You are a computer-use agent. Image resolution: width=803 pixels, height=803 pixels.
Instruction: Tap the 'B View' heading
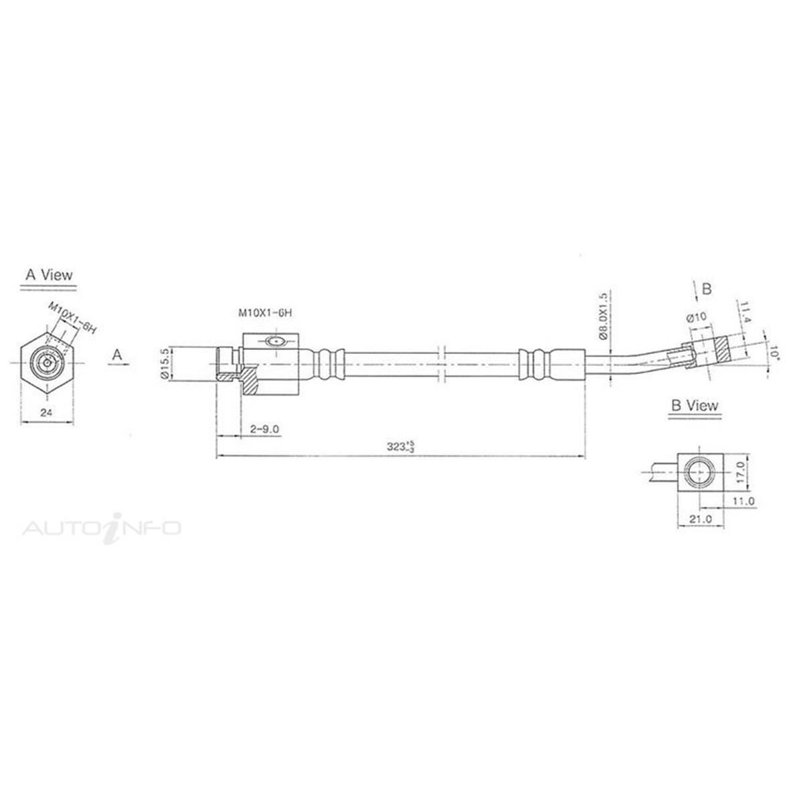point(694,406)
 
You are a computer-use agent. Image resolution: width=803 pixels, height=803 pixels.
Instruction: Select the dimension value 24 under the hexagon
point(46,412)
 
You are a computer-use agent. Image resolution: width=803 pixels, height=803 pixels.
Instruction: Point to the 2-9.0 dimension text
point(264,429)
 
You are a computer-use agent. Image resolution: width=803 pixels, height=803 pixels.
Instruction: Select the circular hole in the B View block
point(699,472)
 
